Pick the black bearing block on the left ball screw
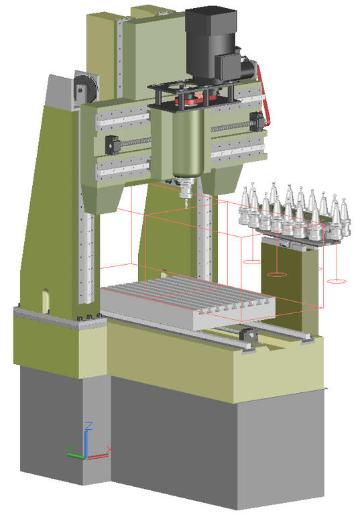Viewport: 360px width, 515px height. pyautogui.click(x=112, y=143)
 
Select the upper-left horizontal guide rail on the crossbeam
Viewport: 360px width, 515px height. pyautogui.click(x=121, y=120)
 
